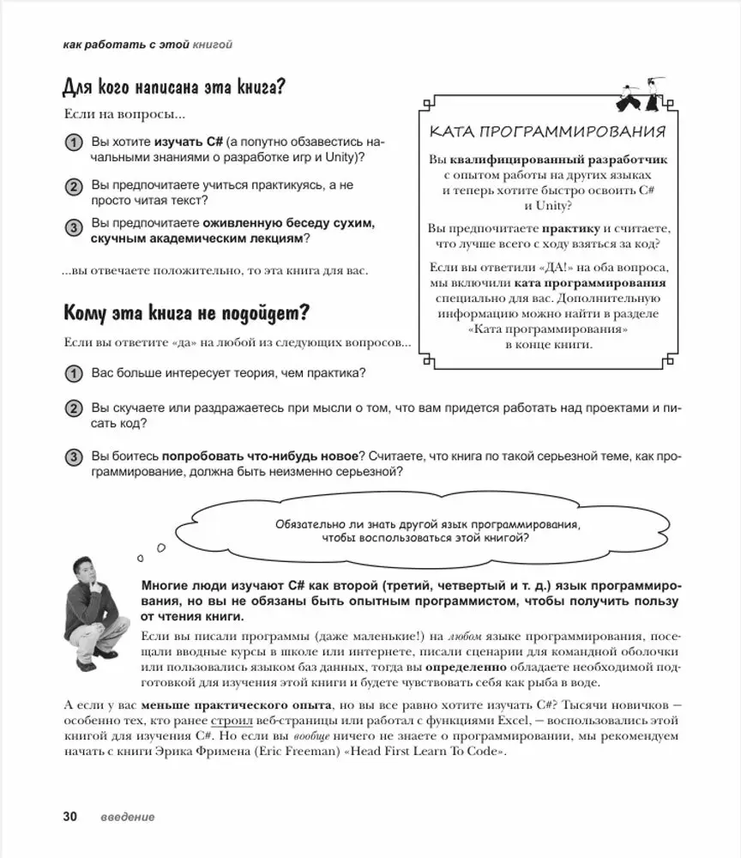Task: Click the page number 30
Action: (x=69, y=816)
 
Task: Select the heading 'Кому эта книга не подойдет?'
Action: (x=186, y=313)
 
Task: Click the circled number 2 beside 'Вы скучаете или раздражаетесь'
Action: (x=74, y=408)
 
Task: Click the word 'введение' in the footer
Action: (x=126, y=817)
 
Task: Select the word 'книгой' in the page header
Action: (x=213, y=44)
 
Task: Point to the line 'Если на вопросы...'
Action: (x=123, y=114)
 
